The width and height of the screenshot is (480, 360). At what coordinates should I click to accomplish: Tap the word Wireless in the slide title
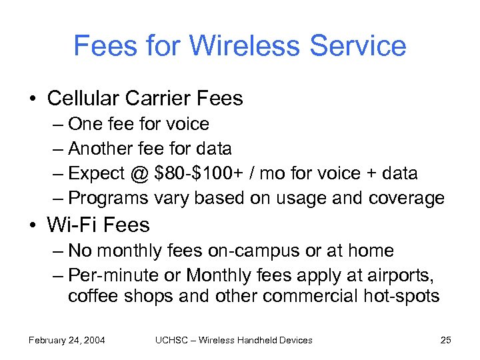point(241,46)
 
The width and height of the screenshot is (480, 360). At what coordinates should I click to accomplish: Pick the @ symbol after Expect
point(139,173)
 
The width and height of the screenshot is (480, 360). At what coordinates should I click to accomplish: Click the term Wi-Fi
point(70,225)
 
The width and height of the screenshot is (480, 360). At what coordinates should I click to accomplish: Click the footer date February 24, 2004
point(67,340)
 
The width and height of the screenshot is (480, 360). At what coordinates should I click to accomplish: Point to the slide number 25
point(446,340)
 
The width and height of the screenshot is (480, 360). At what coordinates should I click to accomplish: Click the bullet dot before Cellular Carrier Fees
point(32,99)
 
